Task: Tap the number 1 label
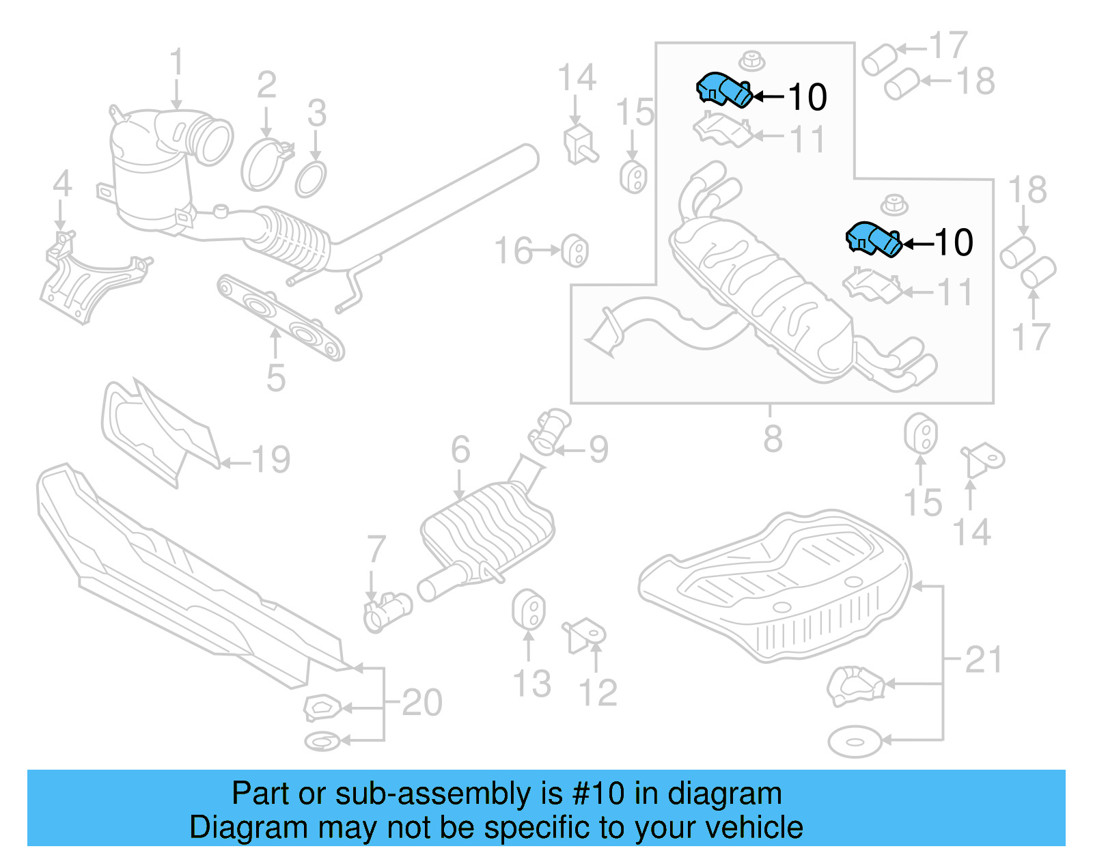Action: click(x=176, y=63)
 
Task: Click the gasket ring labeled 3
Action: click(x=311, y=178)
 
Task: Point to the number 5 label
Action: click(x=275, y=378)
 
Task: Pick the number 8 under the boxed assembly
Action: click(x=773, y=438)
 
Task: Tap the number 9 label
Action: click(x=598, y=449)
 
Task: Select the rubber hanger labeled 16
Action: click(x=575, y=251)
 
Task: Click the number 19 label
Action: click(x=271, y=460)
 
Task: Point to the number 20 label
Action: click(x=421, y=702)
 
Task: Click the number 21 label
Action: click(x=983, y=660)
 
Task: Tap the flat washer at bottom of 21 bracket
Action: click(x=854, y=742)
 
